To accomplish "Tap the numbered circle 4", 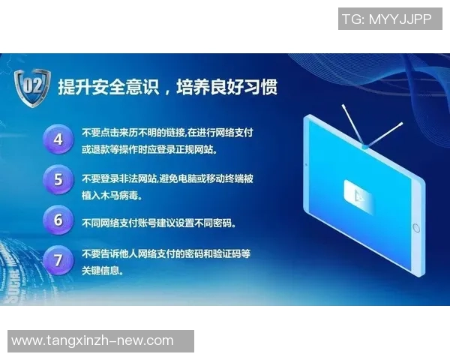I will (x=58, y=139).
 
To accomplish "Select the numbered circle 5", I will (x=58, y=180).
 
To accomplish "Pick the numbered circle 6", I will (x=58, y=220).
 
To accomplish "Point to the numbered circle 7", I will (x=58, y=260).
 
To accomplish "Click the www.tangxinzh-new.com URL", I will (x=93, y=341).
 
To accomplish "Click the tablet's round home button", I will (x=416, y=227).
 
